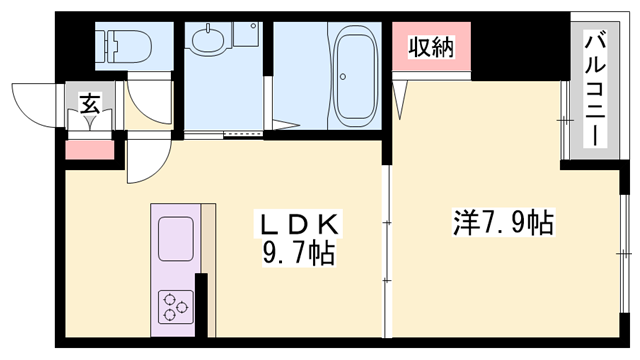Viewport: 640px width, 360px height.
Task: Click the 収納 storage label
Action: (x=431, y=47)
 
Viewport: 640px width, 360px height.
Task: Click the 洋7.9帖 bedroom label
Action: (x=489, y=221)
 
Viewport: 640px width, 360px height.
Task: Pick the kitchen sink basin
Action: (x=177, y=240)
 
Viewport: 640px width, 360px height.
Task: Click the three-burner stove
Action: (x=175, y=304)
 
